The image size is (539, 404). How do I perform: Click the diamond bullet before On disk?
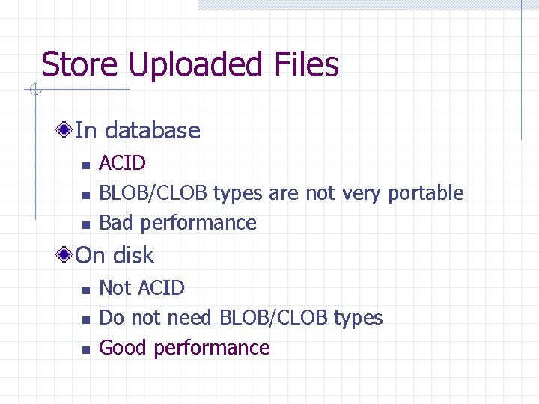point(66,255)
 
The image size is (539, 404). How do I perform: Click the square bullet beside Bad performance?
point(86,224)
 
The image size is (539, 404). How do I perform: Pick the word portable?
point(425,194)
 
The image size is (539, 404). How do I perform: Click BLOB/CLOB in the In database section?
point(153,193)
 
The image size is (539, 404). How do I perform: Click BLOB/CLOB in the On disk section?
point(273,318)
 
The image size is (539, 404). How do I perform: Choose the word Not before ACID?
point(115,288)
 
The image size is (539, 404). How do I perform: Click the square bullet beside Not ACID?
point(86,290)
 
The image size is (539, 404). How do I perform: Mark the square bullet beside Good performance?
point(86,349)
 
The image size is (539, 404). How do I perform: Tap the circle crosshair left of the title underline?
point(34,91)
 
